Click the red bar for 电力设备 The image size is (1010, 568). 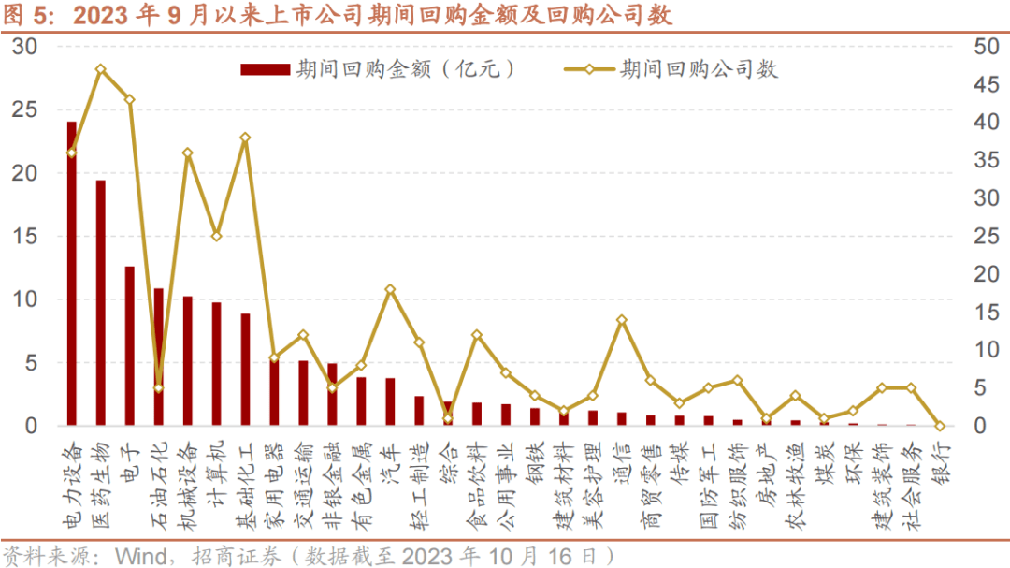point(72,273)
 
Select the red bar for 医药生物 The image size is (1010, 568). point(101,303)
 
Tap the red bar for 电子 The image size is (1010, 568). point(130,346)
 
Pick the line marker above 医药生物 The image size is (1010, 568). point(101,69)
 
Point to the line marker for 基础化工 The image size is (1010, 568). point(245,138)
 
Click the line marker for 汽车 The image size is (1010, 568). point(390,289)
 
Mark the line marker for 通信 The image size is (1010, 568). point(621,320)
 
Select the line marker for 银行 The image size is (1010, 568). point(939,426)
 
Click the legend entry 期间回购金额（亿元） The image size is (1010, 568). point(378,69)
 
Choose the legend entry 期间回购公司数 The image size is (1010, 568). point(671,69)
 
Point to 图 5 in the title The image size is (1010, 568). point(28,15)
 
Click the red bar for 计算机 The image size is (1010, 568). point(216,364)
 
